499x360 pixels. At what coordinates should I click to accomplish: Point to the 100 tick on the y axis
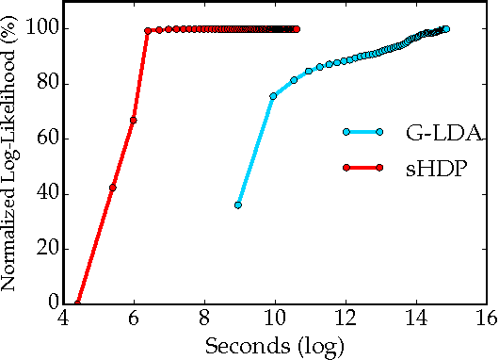(43, 29)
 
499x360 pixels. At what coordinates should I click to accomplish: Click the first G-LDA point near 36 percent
(238, 205)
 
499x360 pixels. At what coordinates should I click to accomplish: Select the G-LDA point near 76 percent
(273, 96)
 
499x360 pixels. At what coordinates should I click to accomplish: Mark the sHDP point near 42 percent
(112, 188)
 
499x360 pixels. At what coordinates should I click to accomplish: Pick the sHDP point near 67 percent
(133, 120)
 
